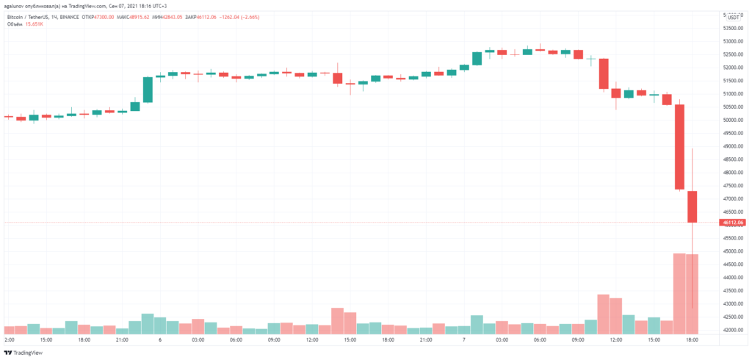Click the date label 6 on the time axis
pos(160,340)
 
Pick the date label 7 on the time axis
pos(464,340)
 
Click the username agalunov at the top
pos(16,5)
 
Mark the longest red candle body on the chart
pos(679,147)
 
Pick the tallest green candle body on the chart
pos(148,90)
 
